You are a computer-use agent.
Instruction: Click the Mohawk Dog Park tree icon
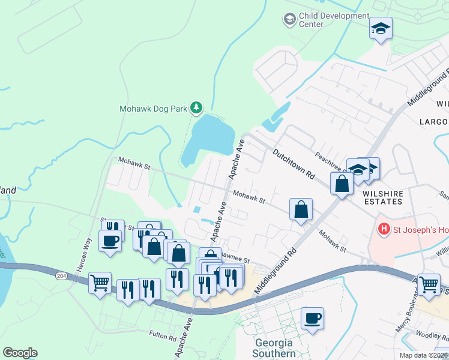[x=196, y=108]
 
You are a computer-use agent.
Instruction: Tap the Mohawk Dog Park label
[x=153, y=109]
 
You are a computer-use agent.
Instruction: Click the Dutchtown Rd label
[x=294, y=165]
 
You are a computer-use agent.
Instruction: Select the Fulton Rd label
[x=163, y=338]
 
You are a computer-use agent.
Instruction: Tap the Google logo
[x=20, y=353]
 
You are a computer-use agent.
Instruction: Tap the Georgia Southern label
[x=274, y=348]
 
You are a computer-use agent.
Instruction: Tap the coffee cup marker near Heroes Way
[x=110, y=241]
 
